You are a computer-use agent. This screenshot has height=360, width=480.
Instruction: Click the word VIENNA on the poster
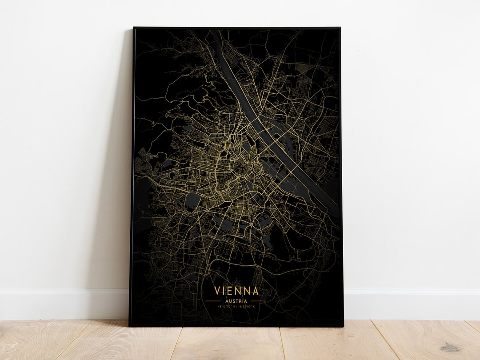click(236, 291)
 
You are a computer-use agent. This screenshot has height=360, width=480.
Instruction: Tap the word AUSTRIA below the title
click(236, 301)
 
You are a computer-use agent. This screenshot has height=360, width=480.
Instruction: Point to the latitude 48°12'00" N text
click(226, 306)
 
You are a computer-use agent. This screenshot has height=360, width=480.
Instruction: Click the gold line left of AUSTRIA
click(213, 301)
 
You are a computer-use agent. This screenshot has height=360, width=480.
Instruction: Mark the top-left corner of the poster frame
click(133, 28)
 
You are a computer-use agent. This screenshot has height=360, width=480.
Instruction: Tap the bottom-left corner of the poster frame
click(129, 326)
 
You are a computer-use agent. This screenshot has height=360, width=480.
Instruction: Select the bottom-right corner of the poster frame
click(343, 326)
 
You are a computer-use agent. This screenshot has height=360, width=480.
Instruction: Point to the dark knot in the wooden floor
click(451, 348)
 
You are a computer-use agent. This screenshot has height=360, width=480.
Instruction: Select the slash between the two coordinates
click(236, 306)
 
